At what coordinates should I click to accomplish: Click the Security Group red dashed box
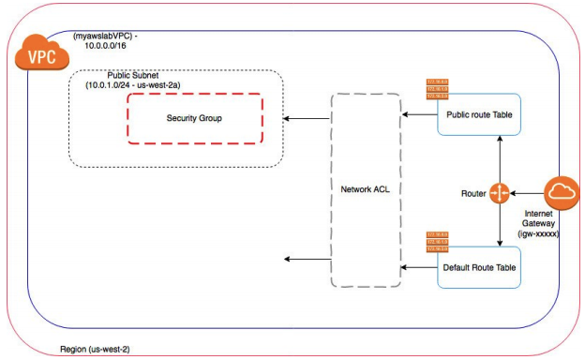195,118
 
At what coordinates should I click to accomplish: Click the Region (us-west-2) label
92,349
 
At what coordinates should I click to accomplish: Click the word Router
472,194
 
